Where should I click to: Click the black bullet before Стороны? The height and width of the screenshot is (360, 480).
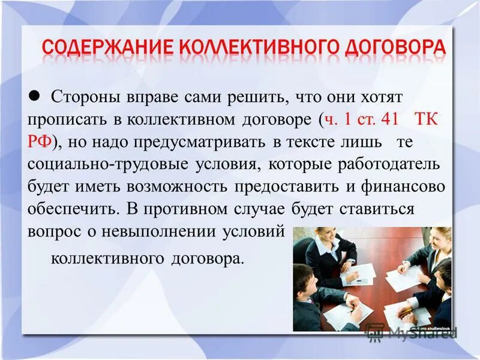34,94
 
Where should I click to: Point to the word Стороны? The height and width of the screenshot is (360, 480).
85,96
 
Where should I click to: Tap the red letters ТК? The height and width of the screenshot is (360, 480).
427,119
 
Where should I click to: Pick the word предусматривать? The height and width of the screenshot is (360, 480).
188,142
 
